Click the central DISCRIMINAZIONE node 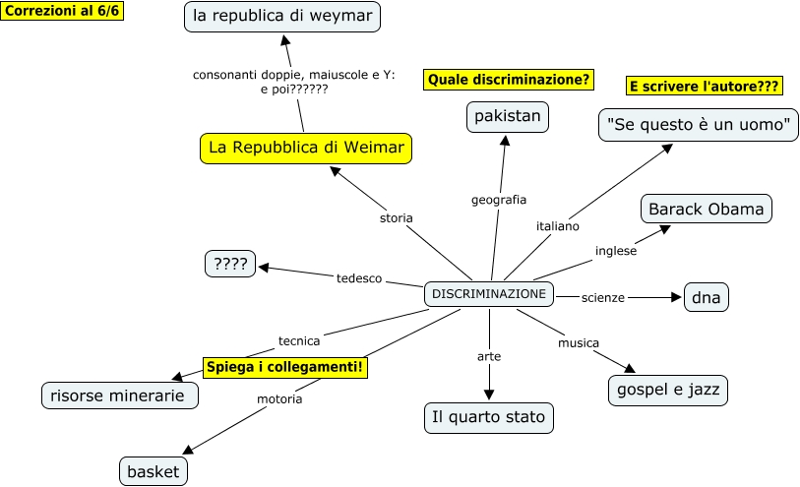489,294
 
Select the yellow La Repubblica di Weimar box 306,148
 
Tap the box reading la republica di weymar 282,17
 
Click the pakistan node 508,117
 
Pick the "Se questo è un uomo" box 699,125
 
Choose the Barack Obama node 706,210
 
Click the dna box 707,297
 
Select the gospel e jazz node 668,390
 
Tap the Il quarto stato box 488,417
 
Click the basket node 154,471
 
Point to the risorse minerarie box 120,396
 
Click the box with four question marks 230,264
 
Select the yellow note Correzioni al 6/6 63,11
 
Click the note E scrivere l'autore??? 705,87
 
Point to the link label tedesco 359,278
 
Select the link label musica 579,343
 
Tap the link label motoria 279,399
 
